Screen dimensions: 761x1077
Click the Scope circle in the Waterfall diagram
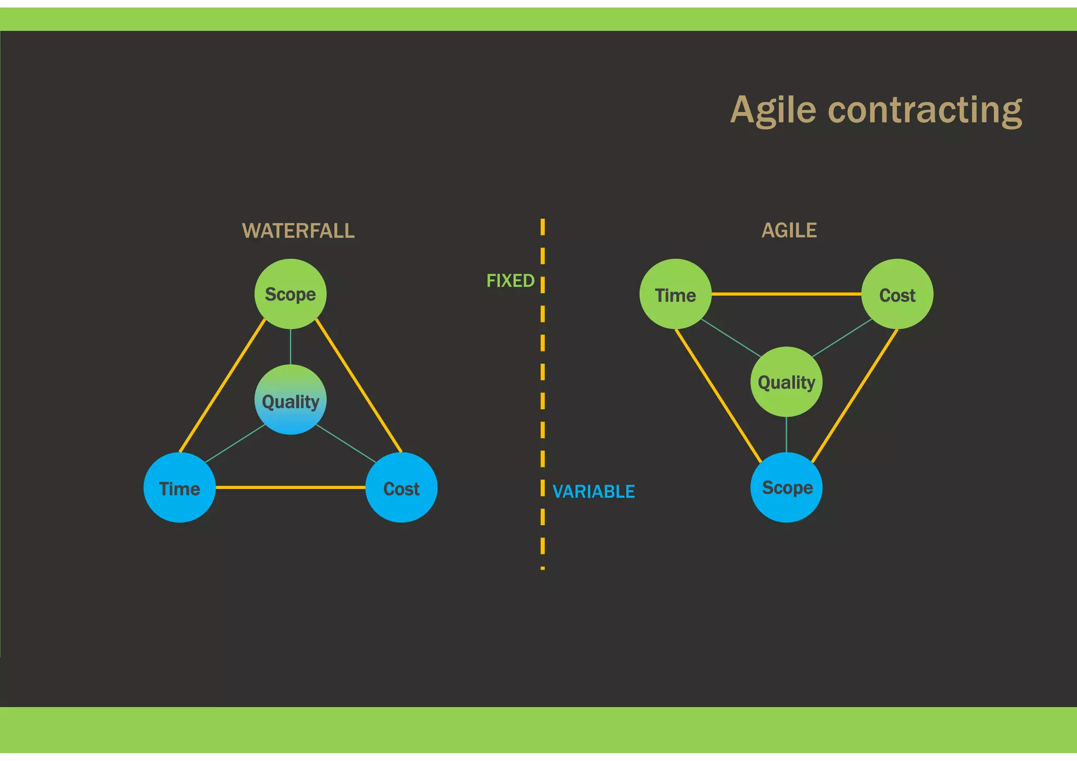[x=290, y=294]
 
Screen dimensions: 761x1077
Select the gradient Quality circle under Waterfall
[x=290, y=400]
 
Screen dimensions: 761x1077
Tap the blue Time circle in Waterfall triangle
[x=179, y=488]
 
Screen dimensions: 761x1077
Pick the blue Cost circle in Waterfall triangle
[x=401, y=488]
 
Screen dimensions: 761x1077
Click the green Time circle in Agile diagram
[x=675, y=294]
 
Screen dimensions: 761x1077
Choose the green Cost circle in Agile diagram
[x=897, y=294]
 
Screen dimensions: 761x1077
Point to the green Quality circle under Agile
[x=786, y=382]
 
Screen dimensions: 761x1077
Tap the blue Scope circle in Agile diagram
[x=786, y=487]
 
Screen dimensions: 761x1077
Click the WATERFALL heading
[x=298, y=231]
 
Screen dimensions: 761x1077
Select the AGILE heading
[x=789, y=230]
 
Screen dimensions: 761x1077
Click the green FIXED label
[x=510, y=281]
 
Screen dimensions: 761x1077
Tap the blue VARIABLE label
[x=594, y=492]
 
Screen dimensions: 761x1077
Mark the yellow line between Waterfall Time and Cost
[x=290, y=488]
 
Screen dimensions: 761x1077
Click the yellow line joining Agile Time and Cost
[x=786, y=294]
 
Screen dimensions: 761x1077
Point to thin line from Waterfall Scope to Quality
[x=290, y=347]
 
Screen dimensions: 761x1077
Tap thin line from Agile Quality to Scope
[x=786, y=434]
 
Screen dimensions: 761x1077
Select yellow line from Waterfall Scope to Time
[x=222, y=386]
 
